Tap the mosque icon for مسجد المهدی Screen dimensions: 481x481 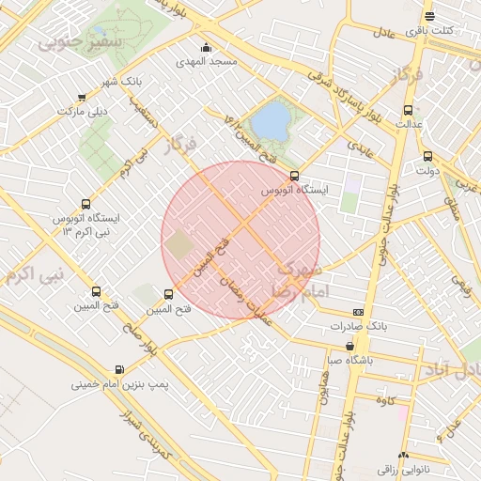[206, 48]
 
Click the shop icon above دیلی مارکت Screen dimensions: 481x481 [82, 97]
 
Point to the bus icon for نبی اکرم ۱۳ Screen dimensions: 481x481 [87, 203]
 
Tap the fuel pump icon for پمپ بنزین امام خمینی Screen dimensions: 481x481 [119, 369]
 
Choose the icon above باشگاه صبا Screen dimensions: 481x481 [350, 346]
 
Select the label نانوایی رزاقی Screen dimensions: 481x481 [403, 467]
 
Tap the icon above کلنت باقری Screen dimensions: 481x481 [429, 16]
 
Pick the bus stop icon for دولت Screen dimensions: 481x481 [427, 157]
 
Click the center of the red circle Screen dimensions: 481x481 [240, 240]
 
